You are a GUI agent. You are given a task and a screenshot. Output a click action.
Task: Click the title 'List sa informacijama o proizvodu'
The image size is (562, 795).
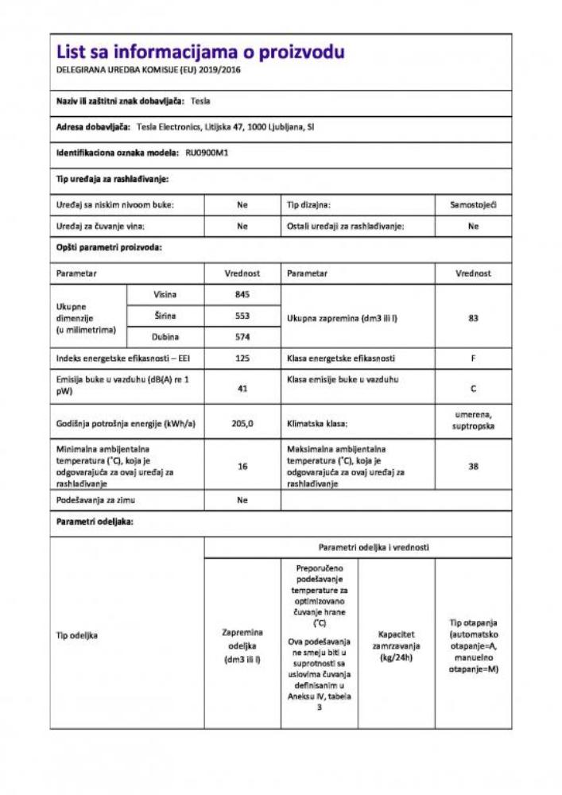[200, 52]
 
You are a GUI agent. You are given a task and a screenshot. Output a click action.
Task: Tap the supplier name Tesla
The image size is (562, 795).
[201, 101]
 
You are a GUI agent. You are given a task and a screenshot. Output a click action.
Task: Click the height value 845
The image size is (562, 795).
[242, 295]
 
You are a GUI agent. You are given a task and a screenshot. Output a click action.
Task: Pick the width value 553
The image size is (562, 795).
[242, 316]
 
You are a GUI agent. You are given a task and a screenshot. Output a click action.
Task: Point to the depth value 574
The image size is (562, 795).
[242, 337]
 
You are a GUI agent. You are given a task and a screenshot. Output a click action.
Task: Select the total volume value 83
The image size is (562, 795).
[473, 316]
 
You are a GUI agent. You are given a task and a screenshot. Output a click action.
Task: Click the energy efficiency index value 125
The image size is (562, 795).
[242, 359]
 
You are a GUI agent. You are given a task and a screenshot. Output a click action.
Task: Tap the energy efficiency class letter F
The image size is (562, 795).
[473, 359]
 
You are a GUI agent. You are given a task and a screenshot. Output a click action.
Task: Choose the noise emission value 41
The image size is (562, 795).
[242, 389]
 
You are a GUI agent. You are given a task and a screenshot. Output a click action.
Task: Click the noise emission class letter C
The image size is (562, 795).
[473, 390]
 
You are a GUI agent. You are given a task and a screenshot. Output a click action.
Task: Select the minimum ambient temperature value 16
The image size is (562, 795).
[242, 467]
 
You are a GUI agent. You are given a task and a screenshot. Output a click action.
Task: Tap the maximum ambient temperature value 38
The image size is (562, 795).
[473, 467]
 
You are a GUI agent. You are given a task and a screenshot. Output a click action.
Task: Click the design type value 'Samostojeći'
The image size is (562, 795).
[473, 205]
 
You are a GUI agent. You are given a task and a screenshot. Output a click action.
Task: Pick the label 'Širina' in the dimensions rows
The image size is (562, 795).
[165, 316]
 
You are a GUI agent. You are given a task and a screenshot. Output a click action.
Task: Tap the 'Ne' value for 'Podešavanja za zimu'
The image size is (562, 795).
[242, 501]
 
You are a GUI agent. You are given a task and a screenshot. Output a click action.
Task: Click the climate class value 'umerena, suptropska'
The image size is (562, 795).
[473, 420]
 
